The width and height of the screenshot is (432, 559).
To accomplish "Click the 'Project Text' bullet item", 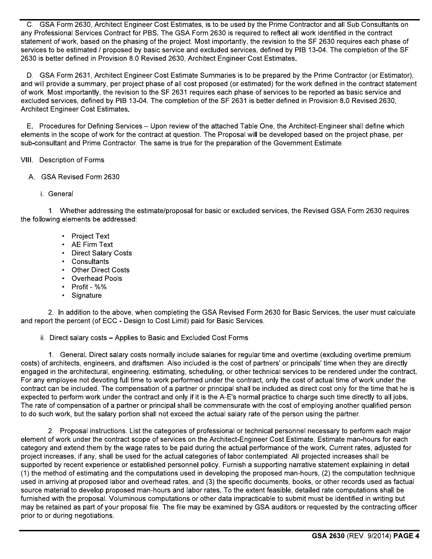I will tap(90, 236).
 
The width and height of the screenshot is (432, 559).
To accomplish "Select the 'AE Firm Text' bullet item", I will tap(92, 245).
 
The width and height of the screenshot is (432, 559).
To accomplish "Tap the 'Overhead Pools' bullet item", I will tap(96, 278).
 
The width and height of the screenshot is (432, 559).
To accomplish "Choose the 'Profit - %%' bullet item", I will tap(89, 287).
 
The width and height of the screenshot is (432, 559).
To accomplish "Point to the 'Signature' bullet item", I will tap(86, 295).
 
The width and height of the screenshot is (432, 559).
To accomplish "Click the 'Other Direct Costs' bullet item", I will tap(100, 270).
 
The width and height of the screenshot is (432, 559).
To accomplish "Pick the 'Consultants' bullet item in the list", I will tap(90, 261).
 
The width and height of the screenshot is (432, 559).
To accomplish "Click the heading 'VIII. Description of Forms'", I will tap(62, 160).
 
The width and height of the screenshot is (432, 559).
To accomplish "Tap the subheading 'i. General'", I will tap(56, 194).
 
